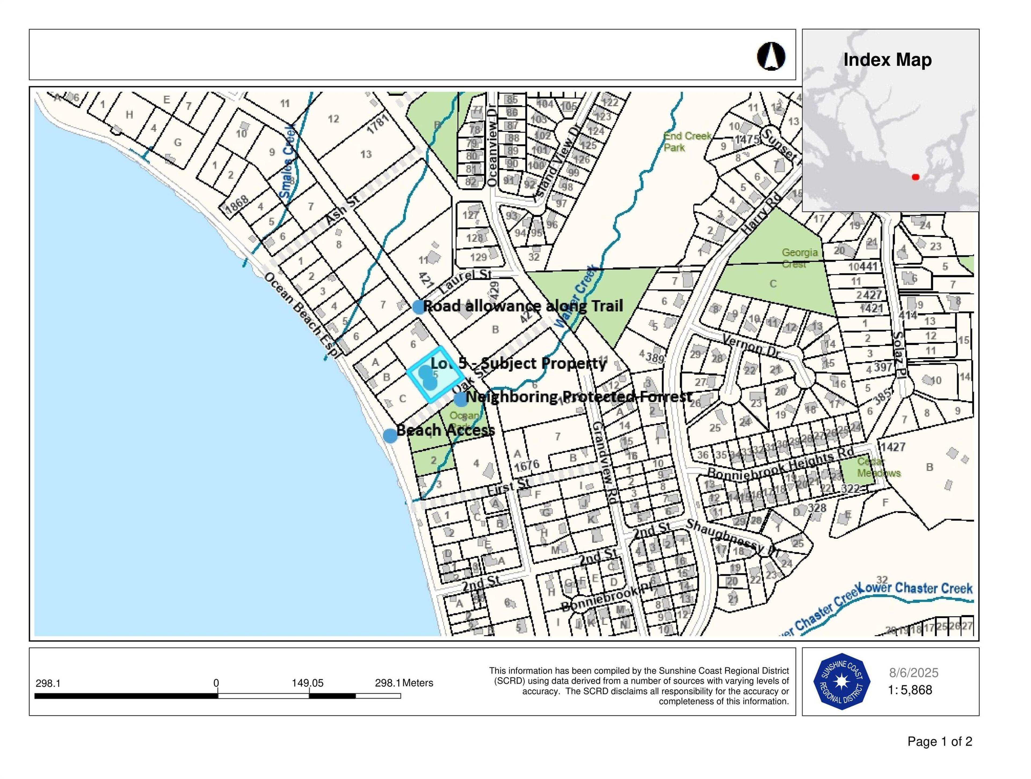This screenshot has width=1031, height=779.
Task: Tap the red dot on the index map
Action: pyautogui.click(x=915, y=177)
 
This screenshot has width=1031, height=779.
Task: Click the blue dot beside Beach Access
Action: pyautogui.click(x=390, y=435)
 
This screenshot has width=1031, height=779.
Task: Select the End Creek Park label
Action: pyautogui.click(x=687, y=142)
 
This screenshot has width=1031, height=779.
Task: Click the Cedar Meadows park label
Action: pyautogui.click(x=878, y=467)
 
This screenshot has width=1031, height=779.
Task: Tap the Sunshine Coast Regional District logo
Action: pyautogui.click(x=841, y=682)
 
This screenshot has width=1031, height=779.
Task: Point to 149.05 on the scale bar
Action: pyautogui.click(x=308, y=683)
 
